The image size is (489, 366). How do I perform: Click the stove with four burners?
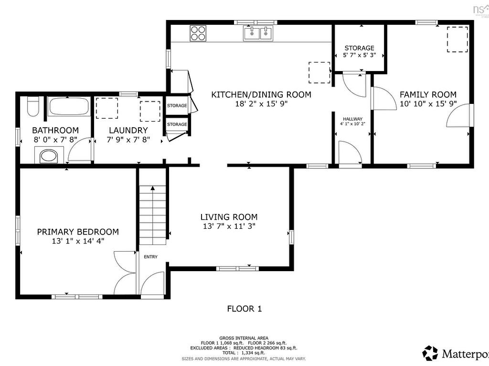pos(198,33)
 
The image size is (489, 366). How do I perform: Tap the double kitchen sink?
pos(258,33)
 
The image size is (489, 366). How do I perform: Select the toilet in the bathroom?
pos(33,106)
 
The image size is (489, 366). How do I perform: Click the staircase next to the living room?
pos(153,214)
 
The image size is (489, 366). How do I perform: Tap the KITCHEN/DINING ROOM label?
pos(261,94)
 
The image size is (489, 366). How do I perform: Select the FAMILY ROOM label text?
pos(428,94)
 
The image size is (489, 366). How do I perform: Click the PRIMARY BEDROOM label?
pos(78,232)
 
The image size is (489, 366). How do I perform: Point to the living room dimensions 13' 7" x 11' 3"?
pos(229,226)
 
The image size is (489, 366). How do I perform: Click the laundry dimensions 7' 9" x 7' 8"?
pos(128,140)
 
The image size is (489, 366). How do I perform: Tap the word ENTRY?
pos(150,257)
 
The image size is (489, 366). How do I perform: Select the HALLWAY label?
pos(352,119)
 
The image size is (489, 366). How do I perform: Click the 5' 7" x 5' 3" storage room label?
pos(359,55)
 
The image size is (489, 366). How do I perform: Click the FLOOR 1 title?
pos(244,308)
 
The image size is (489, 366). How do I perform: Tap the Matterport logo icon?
pos(430,353)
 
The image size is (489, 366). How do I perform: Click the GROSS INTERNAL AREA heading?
pos(244,337)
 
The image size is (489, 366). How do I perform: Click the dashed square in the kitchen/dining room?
pos(319,72)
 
